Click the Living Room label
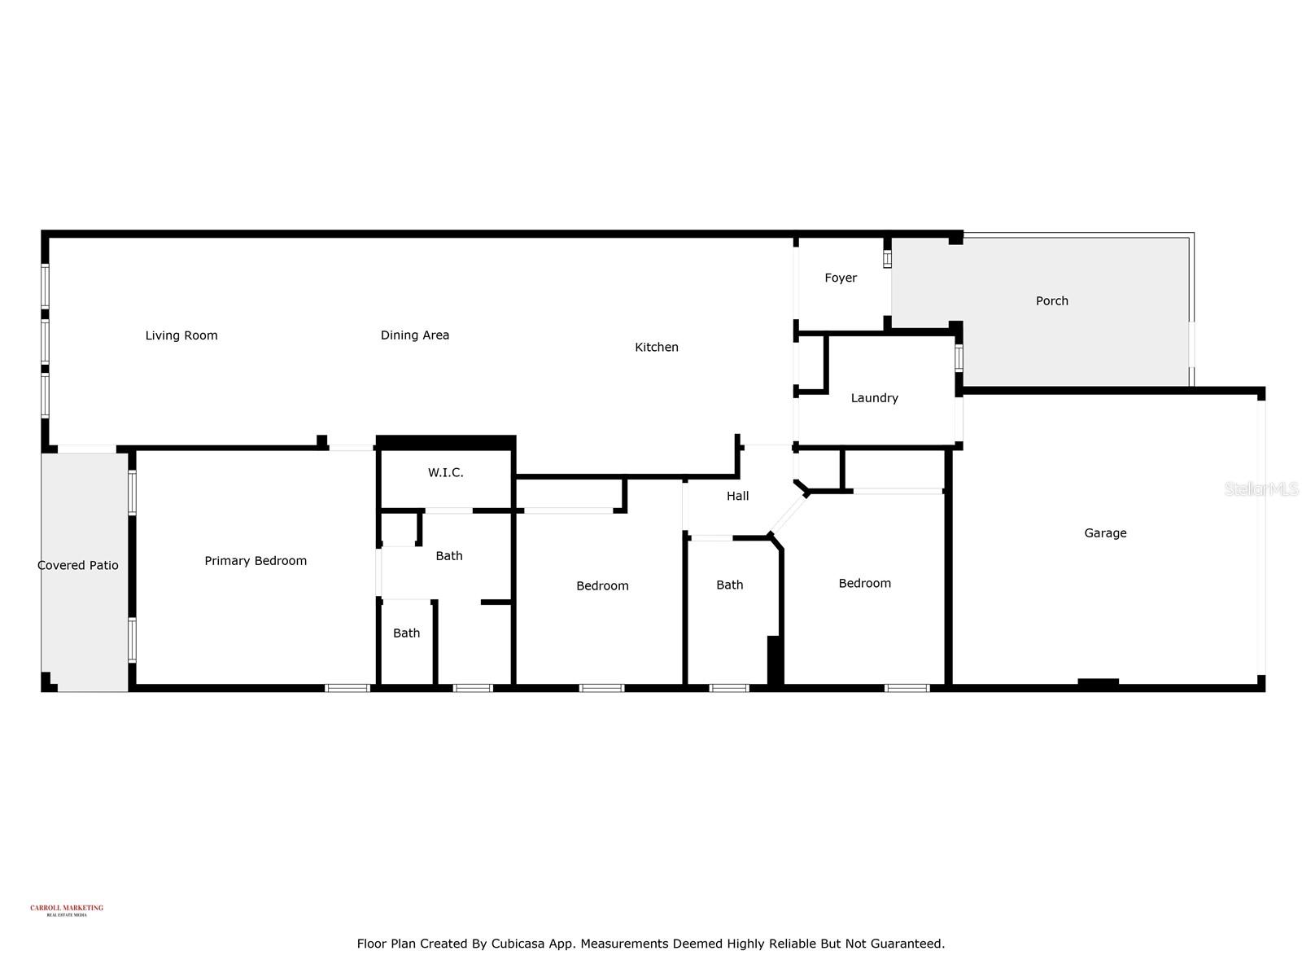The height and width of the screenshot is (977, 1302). point(181,335)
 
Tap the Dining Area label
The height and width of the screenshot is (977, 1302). point(415,335)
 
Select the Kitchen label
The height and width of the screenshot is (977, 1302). point(657,348)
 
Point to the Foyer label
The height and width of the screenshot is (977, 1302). point(841,278)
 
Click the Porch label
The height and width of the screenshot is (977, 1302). point(1052,301)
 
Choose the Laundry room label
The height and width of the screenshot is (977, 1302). point(875,398)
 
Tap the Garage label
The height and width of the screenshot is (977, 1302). point(1105,533)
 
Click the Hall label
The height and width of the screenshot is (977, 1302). point(738,496)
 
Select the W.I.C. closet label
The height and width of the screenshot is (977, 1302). point(446,473)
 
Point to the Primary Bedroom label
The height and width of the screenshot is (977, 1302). point(256,561)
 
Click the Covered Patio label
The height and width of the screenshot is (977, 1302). point(78,565)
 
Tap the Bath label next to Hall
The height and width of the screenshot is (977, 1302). point(730,585)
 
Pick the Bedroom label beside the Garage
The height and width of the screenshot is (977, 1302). point(865,583)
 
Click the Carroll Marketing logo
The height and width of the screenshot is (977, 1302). point(67,909)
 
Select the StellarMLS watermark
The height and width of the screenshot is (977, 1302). point(1260,488)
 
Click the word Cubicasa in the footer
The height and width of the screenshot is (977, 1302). point(518,944)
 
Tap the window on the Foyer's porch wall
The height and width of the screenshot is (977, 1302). point(888,258)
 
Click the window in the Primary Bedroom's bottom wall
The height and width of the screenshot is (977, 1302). point(347,688)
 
